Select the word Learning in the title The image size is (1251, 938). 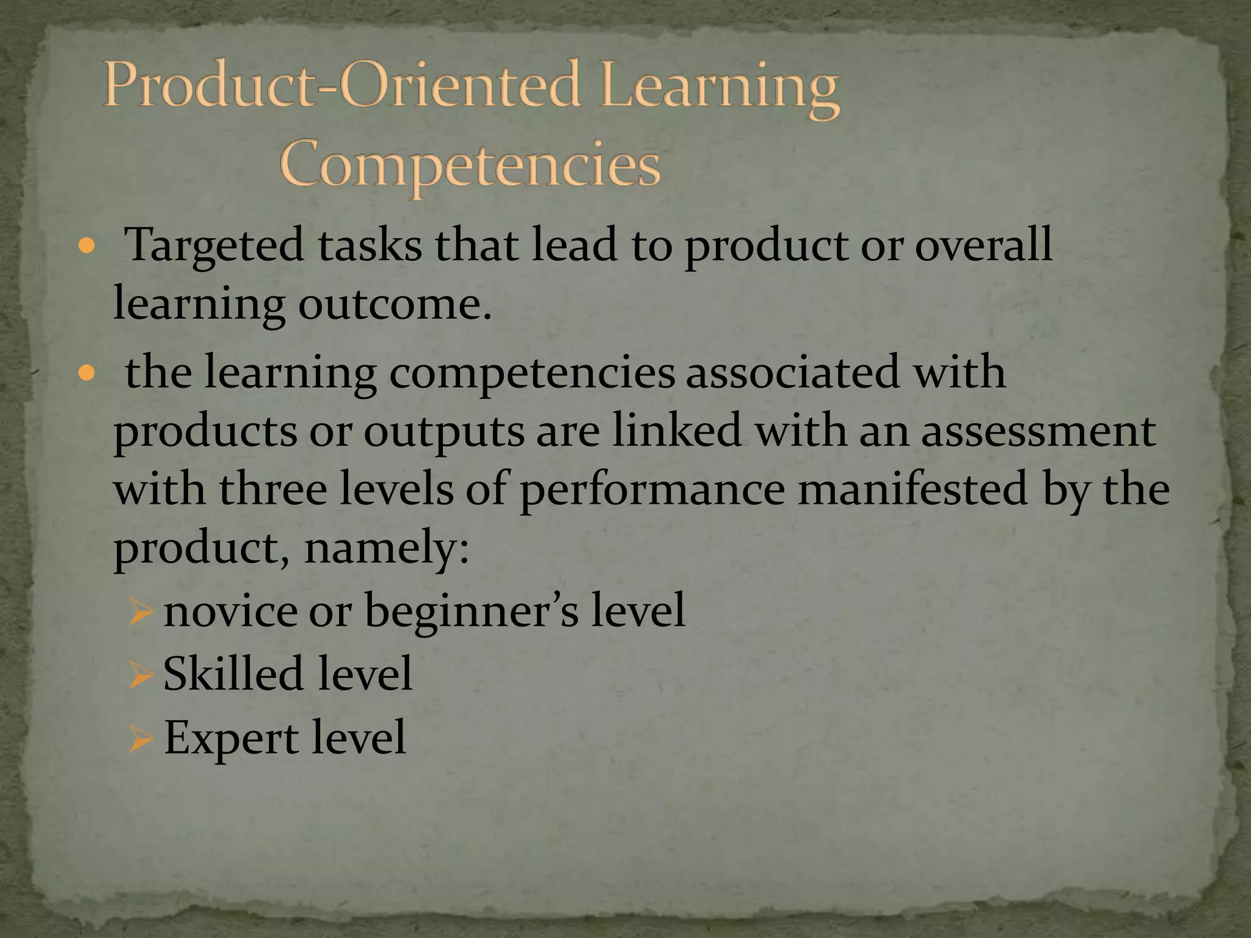tap(718, 92)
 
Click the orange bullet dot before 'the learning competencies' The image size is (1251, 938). tap(87, 373)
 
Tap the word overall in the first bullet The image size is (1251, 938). tap(983, 244)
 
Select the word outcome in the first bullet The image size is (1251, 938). tap(394, 304)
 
